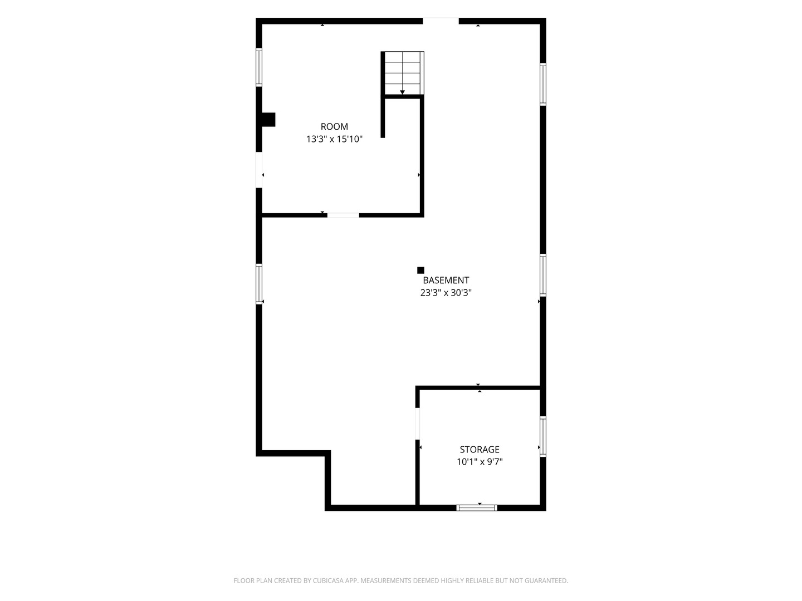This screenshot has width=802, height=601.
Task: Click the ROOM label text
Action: tap(334, 127)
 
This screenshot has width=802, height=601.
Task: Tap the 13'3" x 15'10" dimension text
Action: tap(334, 139)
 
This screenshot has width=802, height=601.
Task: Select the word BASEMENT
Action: tap(446, 280)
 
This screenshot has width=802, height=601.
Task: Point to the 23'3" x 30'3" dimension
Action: tap(446, 293)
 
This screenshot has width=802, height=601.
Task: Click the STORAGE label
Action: tap(480, 449)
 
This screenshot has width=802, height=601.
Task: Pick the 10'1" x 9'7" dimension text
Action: tap(480, 462)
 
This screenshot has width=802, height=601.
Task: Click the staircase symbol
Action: tap(402, 73)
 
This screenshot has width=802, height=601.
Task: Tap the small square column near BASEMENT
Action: tap(420, 270)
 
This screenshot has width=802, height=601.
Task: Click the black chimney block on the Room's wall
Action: tap(268, 120)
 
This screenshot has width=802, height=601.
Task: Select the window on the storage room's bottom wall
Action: tap(476, 508)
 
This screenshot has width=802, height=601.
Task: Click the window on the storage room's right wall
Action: tap(543, 436)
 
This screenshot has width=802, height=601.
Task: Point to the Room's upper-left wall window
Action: tap(258, 67)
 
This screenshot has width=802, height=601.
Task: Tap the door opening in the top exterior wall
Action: tap(441, 21)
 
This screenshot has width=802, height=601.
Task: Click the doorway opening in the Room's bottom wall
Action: tap(343, 215)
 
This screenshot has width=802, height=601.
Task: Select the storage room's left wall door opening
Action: tap(418, 423)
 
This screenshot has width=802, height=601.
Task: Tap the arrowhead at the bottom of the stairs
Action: tap(402, 92)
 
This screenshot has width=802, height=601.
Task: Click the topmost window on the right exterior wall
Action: tap(543, 84)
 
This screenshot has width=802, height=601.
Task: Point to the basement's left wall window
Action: tap(258, 284)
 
